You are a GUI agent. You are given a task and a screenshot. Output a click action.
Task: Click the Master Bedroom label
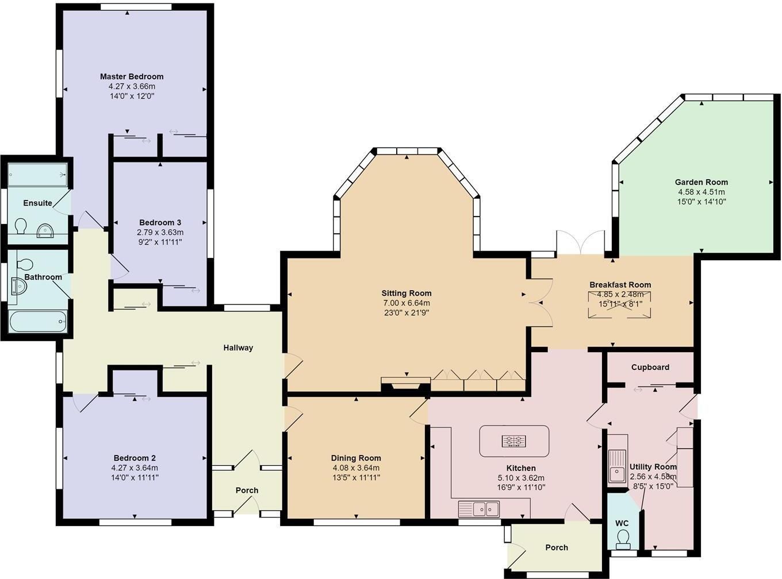pos(132,76)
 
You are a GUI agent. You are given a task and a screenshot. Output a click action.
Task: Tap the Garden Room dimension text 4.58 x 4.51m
pos(701,192)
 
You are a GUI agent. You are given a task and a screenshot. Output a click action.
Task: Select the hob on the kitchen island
pos(514,441)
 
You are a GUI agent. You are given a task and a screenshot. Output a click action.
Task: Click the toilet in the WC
pos(623,539)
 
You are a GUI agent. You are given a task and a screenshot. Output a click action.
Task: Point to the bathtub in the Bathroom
pos(38,321)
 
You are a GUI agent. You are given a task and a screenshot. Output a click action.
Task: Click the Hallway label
pos(238,348)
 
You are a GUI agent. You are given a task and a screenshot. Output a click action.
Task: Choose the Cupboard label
pos(650,368)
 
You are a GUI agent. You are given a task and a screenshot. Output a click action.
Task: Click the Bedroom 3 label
pos(160,223)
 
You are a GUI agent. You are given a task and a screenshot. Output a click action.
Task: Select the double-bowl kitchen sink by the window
pos(479,509)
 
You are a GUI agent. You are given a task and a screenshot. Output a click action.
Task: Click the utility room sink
pos(617,466)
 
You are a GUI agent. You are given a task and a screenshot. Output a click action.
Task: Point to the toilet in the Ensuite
pos(21,226)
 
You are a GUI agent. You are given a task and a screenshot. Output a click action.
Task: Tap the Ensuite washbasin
pos(45,231)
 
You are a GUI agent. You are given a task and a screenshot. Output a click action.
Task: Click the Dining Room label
pos(356,458)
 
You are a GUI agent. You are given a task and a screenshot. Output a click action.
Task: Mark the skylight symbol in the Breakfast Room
pos(619,305)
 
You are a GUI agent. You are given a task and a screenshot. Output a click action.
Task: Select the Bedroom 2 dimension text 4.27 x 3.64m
pos(135,468)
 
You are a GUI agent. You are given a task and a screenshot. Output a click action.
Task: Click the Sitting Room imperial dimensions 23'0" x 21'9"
pos(406,312)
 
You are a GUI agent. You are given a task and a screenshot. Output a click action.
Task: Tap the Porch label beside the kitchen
pos(557,547)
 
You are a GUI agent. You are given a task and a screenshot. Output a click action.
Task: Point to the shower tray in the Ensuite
pos(38,175)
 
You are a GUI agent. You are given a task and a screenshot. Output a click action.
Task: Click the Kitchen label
pos(521,468)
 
